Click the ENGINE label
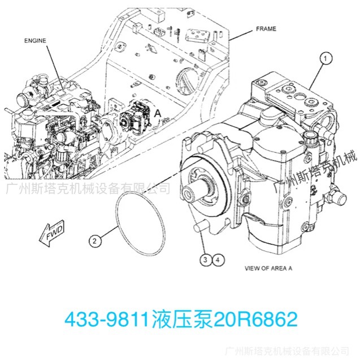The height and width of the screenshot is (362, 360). [35, 40]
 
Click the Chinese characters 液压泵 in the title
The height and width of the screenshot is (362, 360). [181, 320]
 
